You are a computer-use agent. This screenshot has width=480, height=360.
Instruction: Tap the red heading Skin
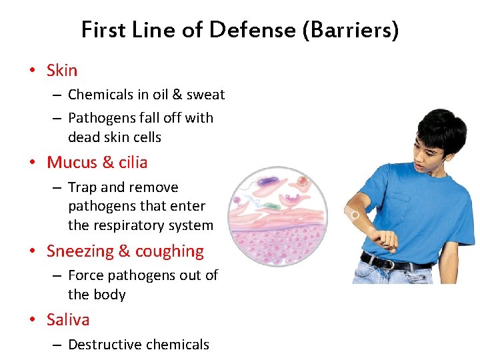pos(62,70)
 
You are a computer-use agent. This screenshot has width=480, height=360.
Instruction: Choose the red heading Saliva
pos(68,319)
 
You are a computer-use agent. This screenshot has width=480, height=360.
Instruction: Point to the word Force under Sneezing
pos(87,275)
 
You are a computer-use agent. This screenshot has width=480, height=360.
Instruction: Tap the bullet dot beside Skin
pos(32,71)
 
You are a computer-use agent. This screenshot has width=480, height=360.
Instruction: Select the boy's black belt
pos(393,261)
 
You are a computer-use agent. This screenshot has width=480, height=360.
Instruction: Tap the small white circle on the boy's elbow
pos(355,215)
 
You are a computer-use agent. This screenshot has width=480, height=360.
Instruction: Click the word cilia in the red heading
pos(133,162)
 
